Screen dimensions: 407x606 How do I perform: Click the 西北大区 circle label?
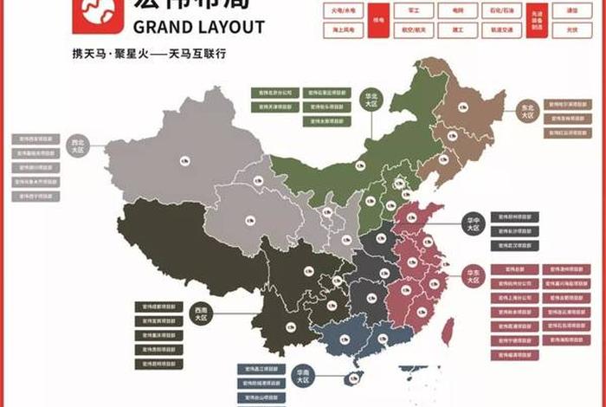pyautogui.click(x=78, y=145)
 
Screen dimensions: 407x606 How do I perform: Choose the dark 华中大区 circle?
pyautogui.click(x=473, y=223)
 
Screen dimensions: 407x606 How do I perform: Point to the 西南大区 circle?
pyautogui.click(x=201, y=313)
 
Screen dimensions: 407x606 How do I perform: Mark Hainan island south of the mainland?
pyautogui.click(x=351, y=378)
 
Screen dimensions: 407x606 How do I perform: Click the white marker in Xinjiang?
pyautogui.click(x=184, y=161)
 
